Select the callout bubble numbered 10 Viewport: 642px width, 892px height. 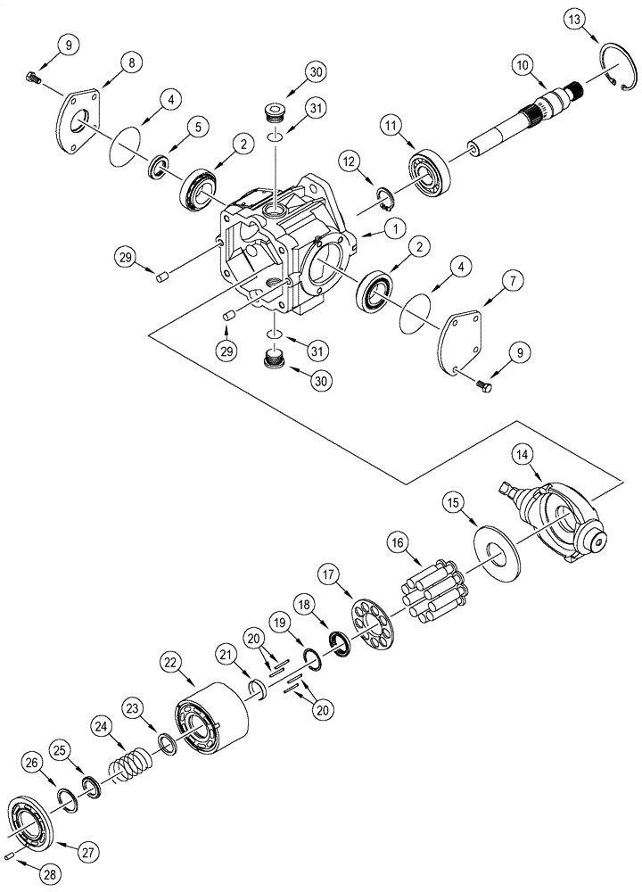pos(522,65)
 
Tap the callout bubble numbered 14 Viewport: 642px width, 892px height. pos(523,455)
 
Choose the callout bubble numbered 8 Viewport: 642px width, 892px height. pos(132,63)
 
